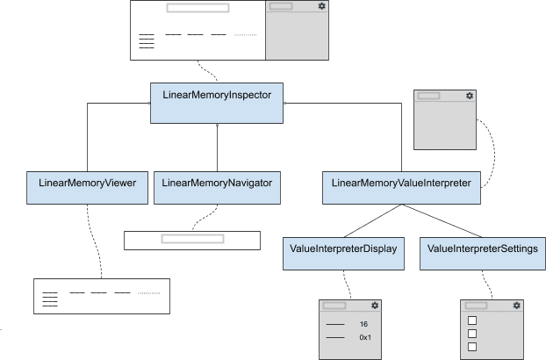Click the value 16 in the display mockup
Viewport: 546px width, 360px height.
pos(363,324)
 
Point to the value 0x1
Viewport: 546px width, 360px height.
pos(365,337)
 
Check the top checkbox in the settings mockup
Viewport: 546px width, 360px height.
pos(471,320)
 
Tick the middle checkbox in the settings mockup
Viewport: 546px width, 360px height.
pos(471,334)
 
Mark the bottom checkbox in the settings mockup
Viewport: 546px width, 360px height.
pos(471,347)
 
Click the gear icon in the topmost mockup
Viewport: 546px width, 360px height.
pos(322,6)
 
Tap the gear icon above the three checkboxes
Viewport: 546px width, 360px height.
pos(516,306)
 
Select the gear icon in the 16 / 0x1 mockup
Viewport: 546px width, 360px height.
pos(375,306)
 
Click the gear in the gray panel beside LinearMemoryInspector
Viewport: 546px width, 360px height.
pos(470,95)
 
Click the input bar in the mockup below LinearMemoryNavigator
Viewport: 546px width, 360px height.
pos(191,238)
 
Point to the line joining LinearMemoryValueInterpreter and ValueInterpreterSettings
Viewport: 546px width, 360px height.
pos(443,220)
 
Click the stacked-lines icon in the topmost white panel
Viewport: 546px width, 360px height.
pos(147,40)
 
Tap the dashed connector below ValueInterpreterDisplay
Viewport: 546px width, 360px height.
pos(348,284)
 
